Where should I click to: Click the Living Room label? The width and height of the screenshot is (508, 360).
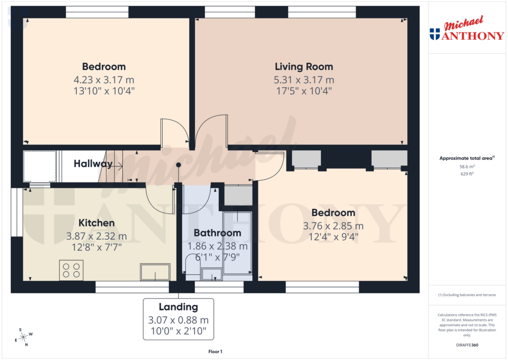(x=304, y=67)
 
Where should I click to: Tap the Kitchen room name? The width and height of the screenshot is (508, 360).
(x=96, y=223)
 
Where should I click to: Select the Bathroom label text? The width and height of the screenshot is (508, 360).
(x=217, y=233)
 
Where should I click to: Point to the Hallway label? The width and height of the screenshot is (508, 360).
(x=93, y=164)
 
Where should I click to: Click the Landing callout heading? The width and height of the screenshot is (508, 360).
(x=178, y=307)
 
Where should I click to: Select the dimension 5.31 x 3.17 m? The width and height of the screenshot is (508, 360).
(x=304, y=80)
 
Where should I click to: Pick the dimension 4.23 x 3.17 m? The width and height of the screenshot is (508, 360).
(x=104, y=80)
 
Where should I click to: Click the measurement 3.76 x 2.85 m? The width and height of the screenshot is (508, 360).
(x=333, y=226)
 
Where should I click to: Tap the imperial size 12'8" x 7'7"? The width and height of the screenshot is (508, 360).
(x=96, y=246)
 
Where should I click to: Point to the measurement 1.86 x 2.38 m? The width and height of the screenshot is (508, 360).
(x=217, y=246)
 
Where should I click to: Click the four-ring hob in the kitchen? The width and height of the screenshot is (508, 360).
(x=71, y=271)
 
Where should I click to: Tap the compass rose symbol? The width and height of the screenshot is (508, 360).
(x=23, y=337)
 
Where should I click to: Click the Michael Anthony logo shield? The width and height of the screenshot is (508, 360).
(x=435, y=34)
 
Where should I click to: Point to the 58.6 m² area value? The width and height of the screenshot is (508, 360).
(x=467, y=167)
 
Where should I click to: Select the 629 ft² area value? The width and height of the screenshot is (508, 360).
(x=467, y=174)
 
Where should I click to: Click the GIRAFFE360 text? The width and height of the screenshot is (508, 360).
(x=467, y=345)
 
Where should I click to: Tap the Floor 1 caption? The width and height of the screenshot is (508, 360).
(x=215, y=352)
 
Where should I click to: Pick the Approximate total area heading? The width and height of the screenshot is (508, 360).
(x=466, y=158)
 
